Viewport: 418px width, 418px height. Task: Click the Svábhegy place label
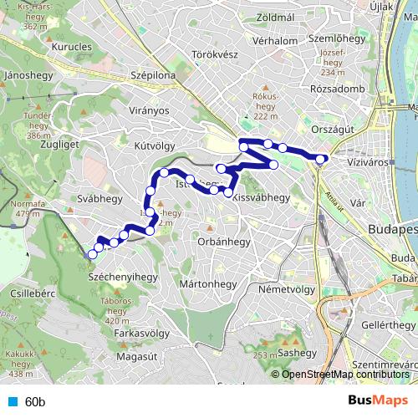click(x=100, y=198)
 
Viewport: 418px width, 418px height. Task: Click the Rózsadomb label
click(x=337, y=89)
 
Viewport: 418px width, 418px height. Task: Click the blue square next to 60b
click(x=11, y=402)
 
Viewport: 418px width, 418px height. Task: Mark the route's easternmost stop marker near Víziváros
click(x=321, y=158)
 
